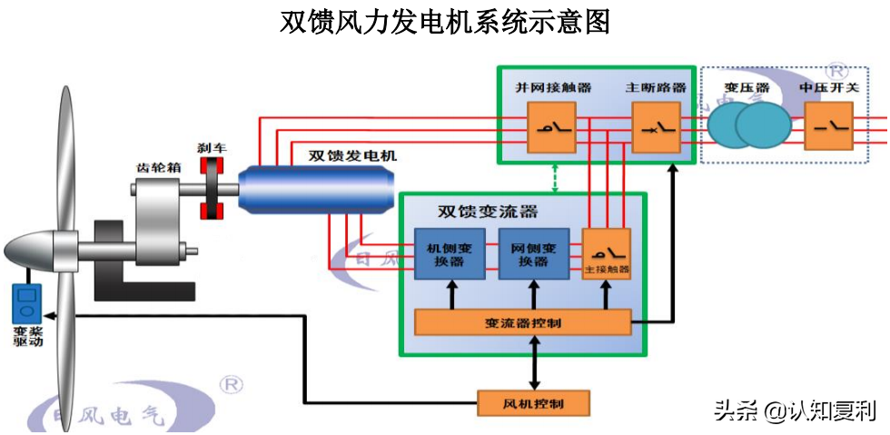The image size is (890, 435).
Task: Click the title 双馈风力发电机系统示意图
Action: coord(444,22)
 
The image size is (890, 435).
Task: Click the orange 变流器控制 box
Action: coord(522,322)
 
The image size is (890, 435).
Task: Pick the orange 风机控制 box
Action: coord(533,401)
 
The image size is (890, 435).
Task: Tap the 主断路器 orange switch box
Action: coord(656,125)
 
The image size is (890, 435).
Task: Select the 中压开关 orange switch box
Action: coord(828,125)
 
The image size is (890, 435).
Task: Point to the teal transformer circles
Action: coord(749,125)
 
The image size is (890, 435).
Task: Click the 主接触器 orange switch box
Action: coord(607,253)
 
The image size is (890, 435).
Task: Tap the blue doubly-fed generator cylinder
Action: coord(318,187)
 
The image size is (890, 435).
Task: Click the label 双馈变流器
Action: coord(487,212)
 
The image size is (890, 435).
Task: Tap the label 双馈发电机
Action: coord(352,156)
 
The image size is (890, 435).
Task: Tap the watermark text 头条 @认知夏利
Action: coord(794,410)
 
